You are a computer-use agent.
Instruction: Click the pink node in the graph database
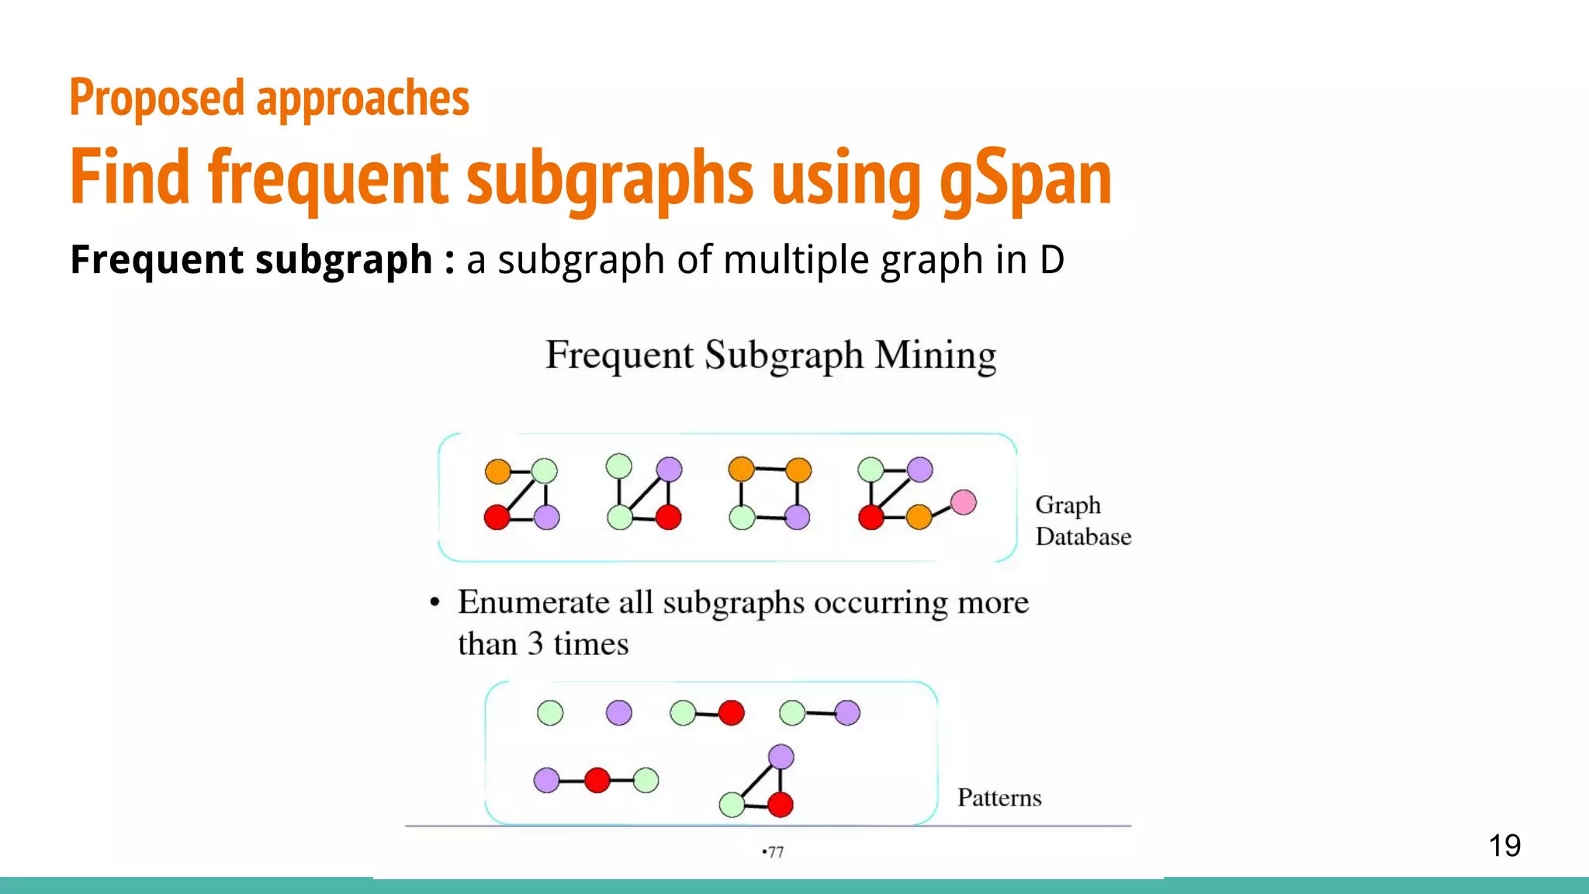(x=963, y=503)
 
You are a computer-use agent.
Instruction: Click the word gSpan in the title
(x=1025, y=178)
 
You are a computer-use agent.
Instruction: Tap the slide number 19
(x=1504, y=845)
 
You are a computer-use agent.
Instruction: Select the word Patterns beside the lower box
(x=999, y=798)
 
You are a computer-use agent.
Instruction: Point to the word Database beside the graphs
(x=1083, y=537)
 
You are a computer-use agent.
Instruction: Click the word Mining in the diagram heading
(x=935, y=355)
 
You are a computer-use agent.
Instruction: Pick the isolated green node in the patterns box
(x=550, y=712)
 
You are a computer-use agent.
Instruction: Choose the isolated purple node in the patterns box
(x=618, y=712)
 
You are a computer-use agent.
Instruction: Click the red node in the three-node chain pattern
(x=597, y=780)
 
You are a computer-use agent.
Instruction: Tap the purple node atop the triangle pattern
(x=781, y=757)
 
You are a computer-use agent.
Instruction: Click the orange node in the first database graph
(x=497, y=471)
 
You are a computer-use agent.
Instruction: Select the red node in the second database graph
(x=668, y=517)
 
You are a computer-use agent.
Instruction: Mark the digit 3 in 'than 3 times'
(x=535, y=644)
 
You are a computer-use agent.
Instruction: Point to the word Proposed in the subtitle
(x=157, y=99)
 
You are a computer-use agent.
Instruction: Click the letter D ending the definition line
(x=1051, y=260)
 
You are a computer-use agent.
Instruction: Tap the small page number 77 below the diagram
(x=775, y=852)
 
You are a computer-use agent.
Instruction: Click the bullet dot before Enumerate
(x=434, y=603)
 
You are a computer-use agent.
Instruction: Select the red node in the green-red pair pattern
(x=731, y=712)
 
